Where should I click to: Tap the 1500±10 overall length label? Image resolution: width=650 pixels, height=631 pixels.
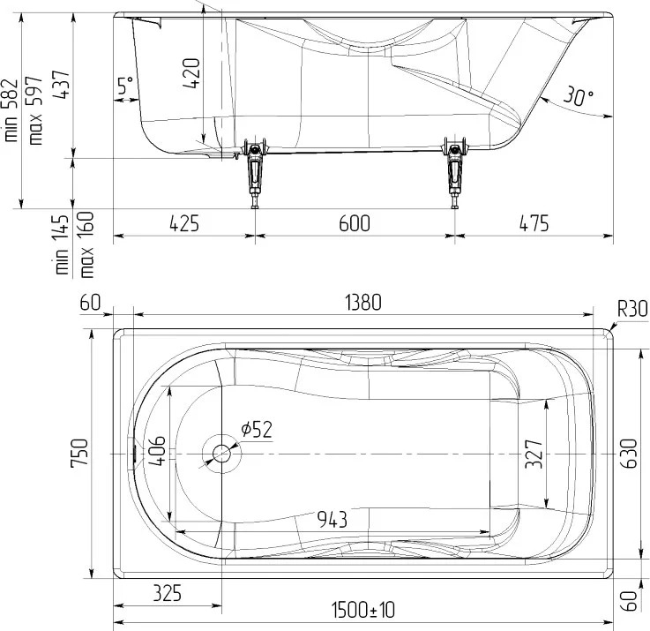[x=362, y=610]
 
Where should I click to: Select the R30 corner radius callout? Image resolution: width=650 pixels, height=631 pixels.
[x=632, y=309]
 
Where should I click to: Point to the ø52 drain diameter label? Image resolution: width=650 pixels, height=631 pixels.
[x=257, y=430]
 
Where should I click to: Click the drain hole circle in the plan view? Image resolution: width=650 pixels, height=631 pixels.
[x=221, y=454]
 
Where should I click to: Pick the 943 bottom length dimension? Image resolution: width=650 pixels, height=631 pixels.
[x=332, y=519]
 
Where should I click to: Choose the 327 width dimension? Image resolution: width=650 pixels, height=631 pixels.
[x=534, y=454]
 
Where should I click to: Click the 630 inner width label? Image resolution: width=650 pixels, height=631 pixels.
[x=629, y=454]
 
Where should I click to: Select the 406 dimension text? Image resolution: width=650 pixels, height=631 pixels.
[x=157, y=451]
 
